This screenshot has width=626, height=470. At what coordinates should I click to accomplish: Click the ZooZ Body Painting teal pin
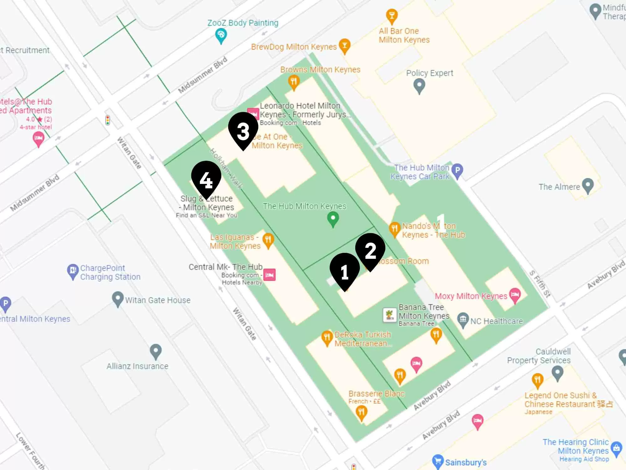pos(221,35)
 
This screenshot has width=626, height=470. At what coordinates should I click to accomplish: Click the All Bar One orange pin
pos(392,16)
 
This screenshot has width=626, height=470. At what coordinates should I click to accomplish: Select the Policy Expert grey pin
pos(419,85)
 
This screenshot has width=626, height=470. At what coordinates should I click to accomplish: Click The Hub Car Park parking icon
pos(457,171)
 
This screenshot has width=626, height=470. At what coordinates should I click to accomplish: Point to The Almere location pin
pos(588,185)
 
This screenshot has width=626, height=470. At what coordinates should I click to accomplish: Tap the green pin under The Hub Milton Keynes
pos(333,218)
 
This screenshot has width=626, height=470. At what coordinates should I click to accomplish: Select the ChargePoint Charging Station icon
pos(73,271)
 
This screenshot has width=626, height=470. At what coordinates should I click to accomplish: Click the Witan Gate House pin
pos(118,298)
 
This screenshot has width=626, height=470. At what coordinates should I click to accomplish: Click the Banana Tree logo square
pos(390,315)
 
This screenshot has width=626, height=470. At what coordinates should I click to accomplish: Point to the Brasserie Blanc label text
pos(377,394)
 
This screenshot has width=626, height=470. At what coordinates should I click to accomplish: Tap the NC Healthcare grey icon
pos(463,320)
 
